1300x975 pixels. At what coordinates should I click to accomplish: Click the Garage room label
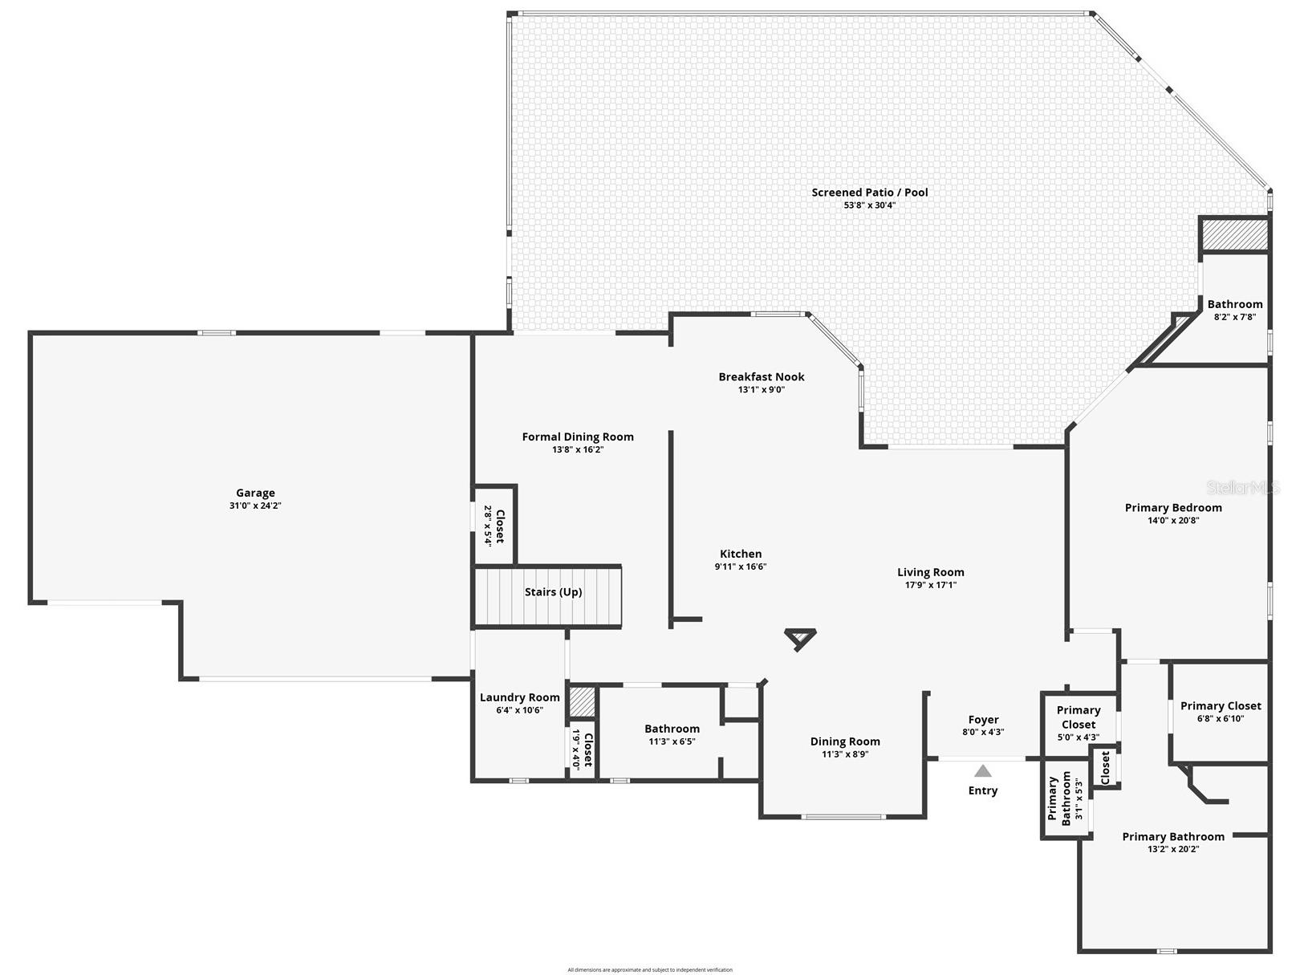coord(255,493)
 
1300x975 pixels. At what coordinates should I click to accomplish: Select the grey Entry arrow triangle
coord(983,771)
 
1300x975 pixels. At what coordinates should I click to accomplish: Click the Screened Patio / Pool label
coord(869,192)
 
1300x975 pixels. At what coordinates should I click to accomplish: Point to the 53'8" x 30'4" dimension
coord(869,205)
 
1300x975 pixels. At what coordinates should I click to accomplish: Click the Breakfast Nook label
coord(761,376)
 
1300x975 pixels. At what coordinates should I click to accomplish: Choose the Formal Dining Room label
coord(577,437)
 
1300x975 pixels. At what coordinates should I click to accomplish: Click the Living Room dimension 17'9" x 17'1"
coord(930,585)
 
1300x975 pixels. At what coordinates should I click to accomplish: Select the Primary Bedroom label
coord(1173,507)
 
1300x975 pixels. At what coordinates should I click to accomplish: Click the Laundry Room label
coord(519,697)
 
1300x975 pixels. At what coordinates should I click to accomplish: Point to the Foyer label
coord(983,720)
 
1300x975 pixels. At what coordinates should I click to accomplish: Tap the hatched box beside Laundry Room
coord(583,702)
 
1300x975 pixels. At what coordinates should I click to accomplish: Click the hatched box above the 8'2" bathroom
coord(1234,235)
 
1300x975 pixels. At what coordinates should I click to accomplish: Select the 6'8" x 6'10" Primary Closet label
coord(1220,706)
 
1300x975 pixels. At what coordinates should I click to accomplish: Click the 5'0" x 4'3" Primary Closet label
coord(1078,717)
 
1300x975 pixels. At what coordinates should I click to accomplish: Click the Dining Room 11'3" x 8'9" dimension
coord(845,754)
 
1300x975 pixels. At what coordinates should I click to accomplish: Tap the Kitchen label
coord(740,554)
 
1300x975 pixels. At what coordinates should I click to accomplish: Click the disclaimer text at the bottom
coord(650,969)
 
